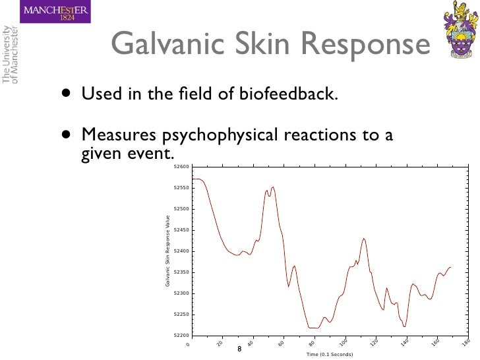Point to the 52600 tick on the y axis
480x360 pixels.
pos(180,167)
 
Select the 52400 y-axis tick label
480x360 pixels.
pos(180,251)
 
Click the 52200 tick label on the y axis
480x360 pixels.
pos(180,335)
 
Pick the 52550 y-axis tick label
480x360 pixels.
pos(180,189)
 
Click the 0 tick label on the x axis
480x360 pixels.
pos(188,344)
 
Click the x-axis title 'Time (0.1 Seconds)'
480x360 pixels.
pos(330,354)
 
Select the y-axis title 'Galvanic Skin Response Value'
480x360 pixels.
pos(167,251)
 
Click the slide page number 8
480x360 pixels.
pos(239,349)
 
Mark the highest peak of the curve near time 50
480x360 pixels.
pos(273,187)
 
